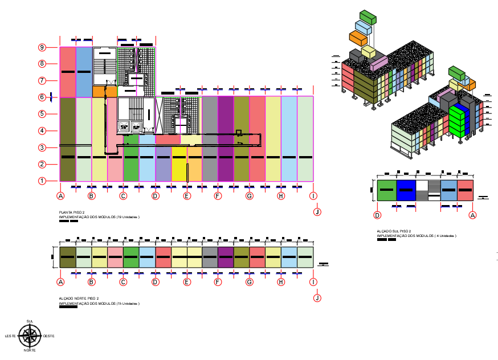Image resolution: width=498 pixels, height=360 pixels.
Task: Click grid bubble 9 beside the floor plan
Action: (x=42, y=47)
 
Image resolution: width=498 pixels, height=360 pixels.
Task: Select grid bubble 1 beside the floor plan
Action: (x=42, y=181)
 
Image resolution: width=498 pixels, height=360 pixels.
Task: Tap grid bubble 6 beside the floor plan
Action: (x=42, y=97)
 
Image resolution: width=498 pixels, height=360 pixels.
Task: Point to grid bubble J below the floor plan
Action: (x=317, y=212)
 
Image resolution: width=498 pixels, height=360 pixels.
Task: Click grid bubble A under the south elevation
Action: (x=472, y=215)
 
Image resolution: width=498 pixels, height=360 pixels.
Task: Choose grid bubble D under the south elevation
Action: (x=377, y=215)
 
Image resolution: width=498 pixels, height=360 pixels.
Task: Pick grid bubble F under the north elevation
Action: (x=218, y=282)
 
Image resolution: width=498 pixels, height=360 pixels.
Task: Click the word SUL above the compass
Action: (x=30, y=322)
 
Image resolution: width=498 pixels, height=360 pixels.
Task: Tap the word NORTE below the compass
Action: (x=30, y=350)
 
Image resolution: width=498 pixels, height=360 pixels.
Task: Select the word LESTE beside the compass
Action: (x=10, y=336)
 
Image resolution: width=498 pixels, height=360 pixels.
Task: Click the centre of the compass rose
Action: (x=30, y=336)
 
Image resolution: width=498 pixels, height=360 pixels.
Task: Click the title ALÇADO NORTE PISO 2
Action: (x=79, y=298)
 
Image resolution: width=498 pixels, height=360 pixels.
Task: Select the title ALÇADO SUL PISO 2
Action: (x=394, y=231)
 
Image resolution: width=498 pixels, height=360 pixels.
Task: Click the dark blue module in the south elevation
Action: (x=406, y=190)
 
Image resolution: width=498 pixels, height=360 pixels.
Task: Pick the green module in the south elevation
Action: (x=386, y=190)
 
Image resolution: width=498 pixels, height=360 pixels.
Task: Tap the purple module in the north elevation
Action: (x=226, y=257)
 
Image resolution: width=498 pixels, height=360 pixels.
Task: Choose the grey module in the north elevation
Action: (x=210, y=257)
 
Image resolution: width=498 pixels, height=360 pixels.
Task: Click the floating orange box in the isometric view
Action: (x=358, y=38)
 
